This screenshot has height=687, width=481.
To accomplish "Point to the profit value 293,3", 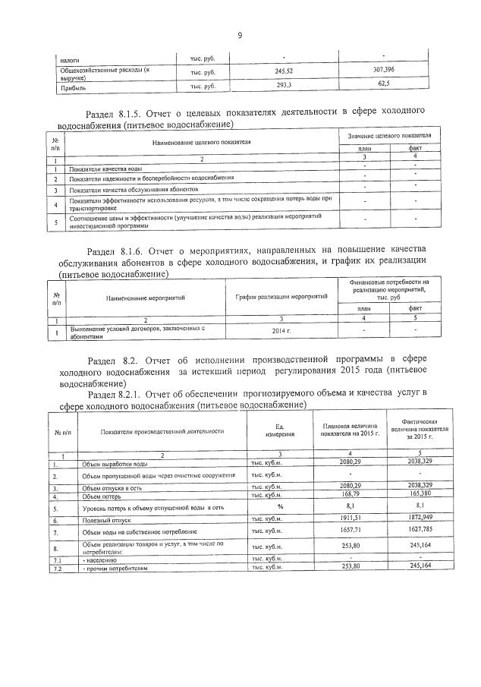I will pos(285,85).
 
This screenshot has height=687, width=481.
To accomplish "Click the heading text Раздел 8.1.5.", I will pos(116,112).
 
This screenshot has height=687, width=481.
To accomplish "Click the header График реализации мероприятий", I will pos(284,295).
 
